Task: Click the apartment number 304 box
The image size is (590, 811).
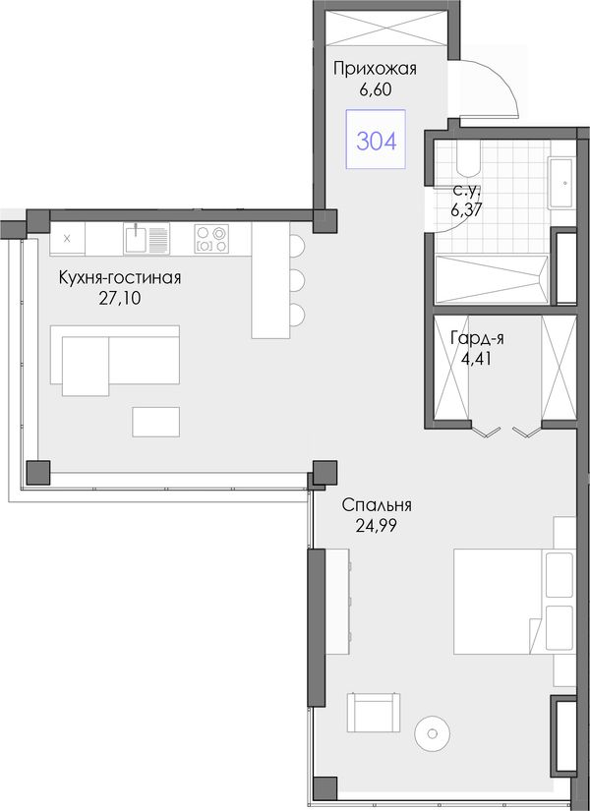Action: coord(376,140)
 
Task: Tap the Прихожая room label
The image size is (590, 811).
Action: coord(375,68)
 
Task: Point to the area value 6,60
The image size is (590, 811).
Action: coord(376,89)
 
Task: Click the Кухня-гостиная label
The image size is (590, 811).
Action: coord(120,278)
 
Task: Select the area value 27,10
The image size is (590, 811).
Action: coord(120,299)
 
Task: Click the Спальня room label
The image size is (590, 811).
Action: coord(377,505)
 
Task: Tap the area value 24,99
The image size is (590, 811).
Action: coord(377,526)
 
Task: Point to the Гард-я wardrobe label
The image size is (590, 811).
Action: coord(477,338)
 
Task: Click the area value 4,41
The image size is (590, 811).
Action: coord(476,359)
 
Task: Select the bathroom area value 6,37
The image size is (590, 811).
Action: coord(467,210)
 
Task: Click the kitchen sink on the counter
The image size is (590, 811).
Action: coord(147,239)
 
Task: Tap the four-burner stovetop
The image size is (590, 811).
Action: coord(211,239)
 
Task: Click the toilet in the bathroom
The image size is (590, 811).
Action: coord(468,157)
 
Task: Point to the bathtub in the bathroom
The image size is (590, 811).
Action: coord(492,279)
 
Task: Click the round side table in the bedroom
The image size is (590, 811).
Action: coord(432,733)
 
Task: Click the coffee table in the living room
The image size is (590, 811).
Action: coord(155,422)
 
